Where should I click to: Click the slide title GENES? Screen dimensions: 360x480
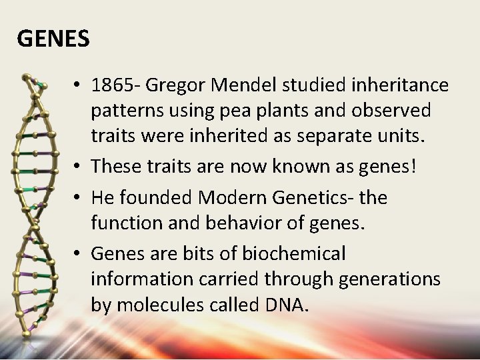point(53,39)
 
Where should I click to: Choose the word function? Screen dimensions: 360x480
point(127,222)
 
